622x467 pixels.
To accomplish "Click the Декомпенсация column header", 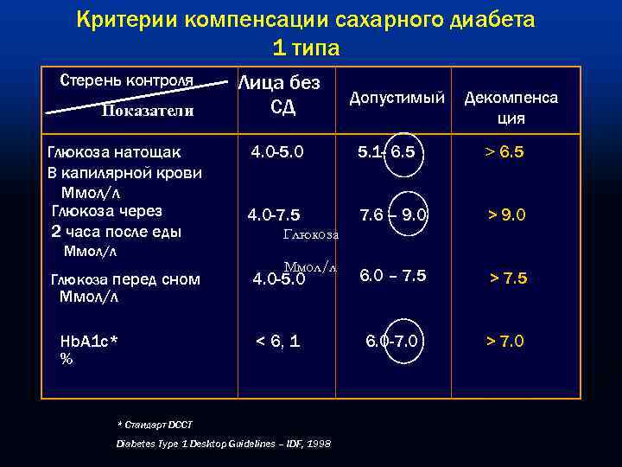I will tap(511, 108).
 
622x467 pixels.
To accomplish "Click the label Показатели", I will tap(148, 111).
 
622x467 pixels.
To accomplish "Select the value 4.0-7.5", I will tap(274, 214).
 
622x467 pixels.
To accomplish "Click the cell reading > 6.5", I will tap(516, 152).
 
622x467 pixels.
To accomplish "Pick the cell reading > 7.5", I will tap(520, 278).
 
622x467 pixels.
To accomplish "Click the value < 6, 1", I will tap(278, 341).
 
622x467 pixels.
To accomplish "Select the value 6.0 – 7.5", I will tap(393, 275).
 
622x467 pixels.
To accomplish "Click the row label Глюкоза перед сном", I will tap(125, 278).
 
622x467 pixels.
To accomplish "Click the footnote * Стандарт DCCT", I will tap(155, 425).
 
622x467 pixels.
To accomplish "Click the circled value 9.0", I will tap(411, 214).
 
